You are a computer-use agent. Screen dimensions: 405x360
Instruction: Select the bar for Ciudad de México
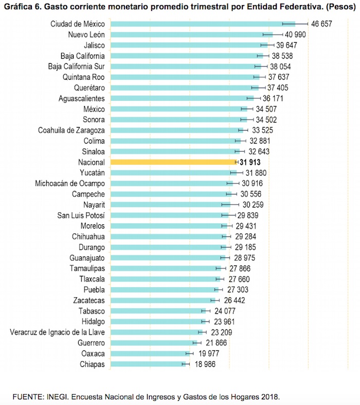[x=201, y=24]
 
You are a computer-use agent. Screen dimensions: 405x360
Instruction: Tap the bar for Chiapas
[x=147, y=364]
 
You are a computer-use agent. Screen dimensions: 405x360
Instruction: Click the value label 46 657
[x=322, y=24]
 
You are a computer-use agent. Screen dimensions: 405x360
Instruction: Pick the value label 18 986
[x=202, y=364]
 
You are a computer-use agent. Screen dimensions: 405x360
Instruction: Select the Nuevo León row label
[x=86, y=34]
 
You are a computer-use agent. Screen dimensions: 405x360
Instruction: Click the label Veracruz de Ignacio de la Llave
[x=58, y=332]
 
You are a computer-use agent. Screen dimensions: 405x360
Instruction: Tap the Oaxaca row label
[x=93, y=354]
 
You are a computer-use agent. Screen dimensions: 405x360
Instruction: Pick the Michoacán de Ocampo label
[x=70, y=183]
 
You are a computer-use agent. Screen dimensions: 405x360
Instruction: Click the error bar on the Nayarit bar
[x=230, y=205]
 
